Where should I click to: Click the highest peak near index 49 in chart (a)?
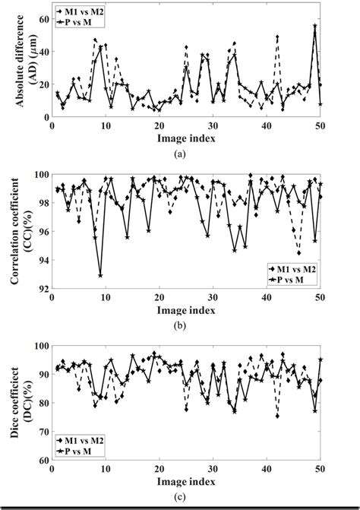(x=315, y=25)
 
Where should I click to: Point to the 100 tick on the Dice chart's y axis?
(x=39, y=346)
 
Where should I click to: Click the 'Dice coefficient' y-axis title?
(x=20, y=403)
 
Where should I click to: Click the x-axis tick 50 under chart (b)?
(x=320, y=298)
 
